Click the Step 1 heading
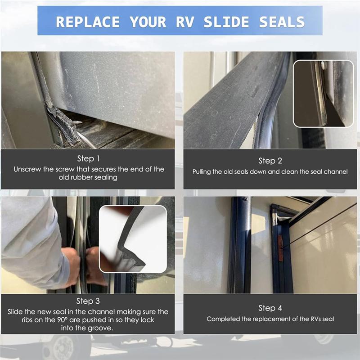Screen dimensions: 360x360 tap(89, 158)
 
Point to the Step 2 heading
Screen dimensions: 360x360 tap(270, 161)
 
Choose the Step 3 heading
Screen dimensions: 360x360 tap(89, 301)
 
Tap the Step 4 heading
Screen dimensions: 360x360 tap(270, 308)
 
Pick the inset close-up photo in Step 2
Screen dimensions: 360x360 tap(323, 93)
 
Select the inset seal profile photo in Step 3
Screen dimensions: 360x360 tap(133, 239)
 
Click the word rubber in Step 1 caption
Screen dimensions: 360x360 tap(89, 177)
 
